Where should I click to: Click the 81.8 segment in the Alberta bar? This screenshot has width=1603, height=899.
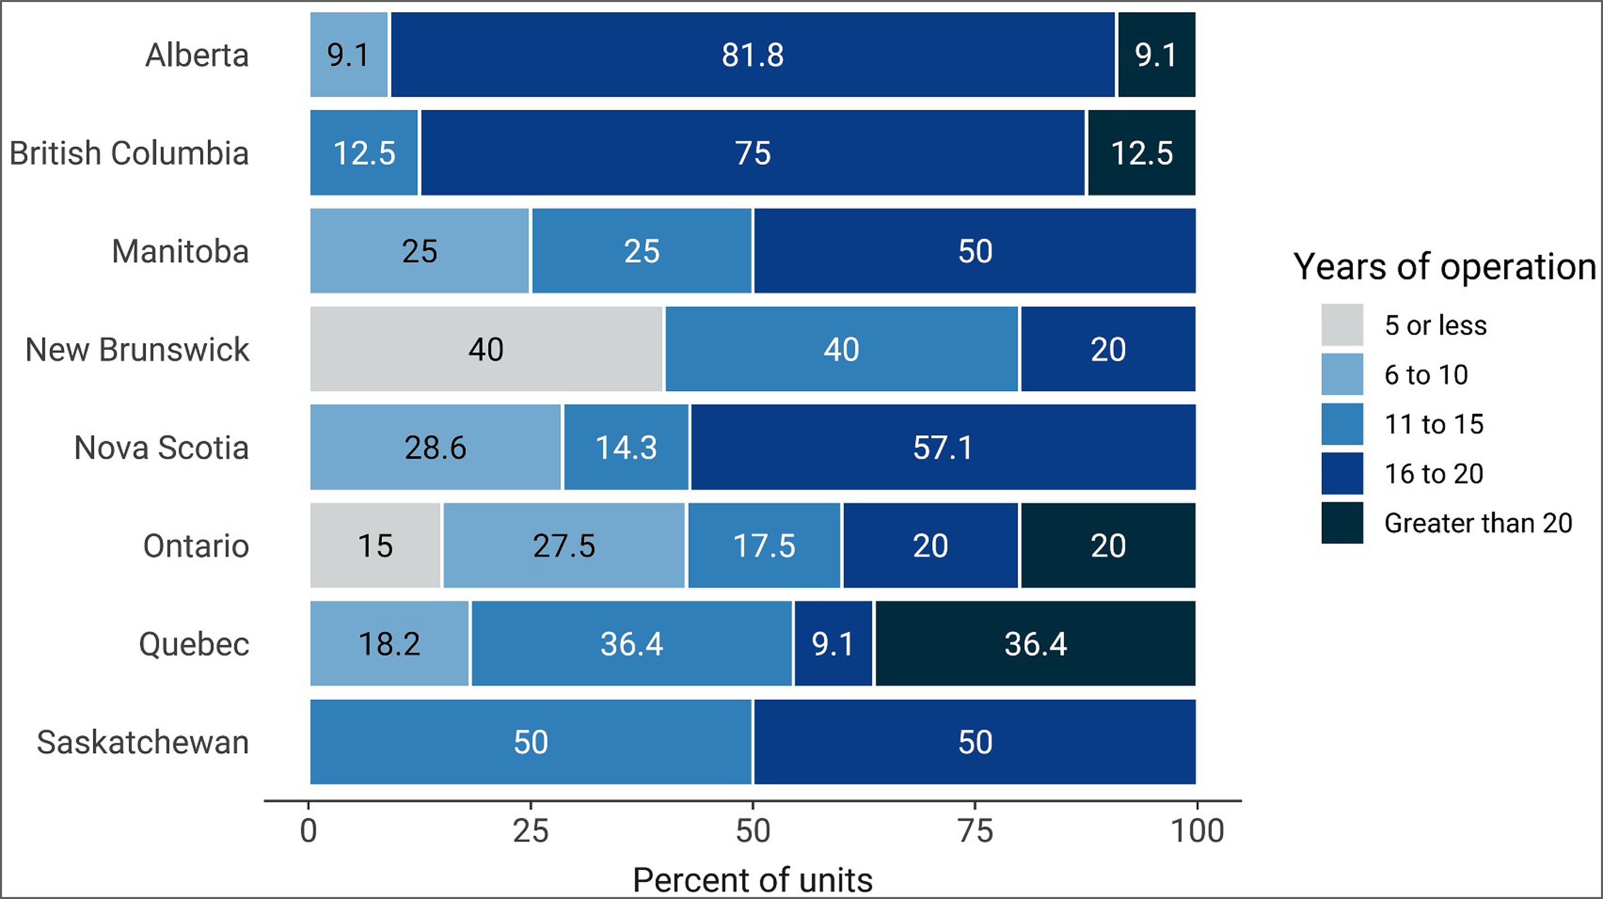[752, 54]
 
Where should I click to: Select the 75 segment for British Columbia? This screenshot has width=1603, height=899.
[752, 153]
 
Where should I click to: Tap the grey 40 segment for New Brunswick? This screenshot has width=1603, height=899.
[487, 349]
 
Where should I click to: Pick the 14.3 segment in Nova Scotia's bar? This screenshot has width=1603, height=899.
[626, 447]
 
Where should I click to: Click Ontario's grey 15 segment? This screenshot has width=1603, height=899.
[375, 545]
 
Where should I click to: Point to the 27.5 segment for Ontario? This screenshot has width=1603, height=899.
[564, 545]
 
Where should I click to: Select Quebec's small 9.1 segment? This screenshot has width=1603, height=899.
[833, 644]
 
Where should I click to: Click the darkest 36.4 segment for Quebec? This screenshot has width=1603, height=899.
[1035, 644]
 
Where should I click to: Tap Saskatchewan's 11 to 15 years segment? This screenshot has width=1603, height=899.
[531, 742]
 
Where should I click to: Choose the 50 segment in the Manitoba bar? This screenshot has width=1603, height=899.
[975, 251]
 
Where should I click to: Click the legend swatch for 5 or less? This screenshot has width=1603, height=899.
[1342, 325]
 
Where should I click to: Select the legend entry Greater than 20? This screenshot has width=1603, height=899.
[1478, 523]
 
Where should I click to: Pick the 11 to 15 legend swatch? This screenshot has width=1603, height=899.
[1342, 424]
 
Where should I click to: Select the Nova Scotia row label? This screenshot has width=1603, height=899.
[161, 448]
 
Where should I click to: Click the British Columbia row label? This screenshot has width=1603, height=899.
[129, 153]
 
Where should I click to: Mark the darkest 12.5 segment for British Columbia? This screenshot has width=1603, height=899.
[1141, 153]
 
